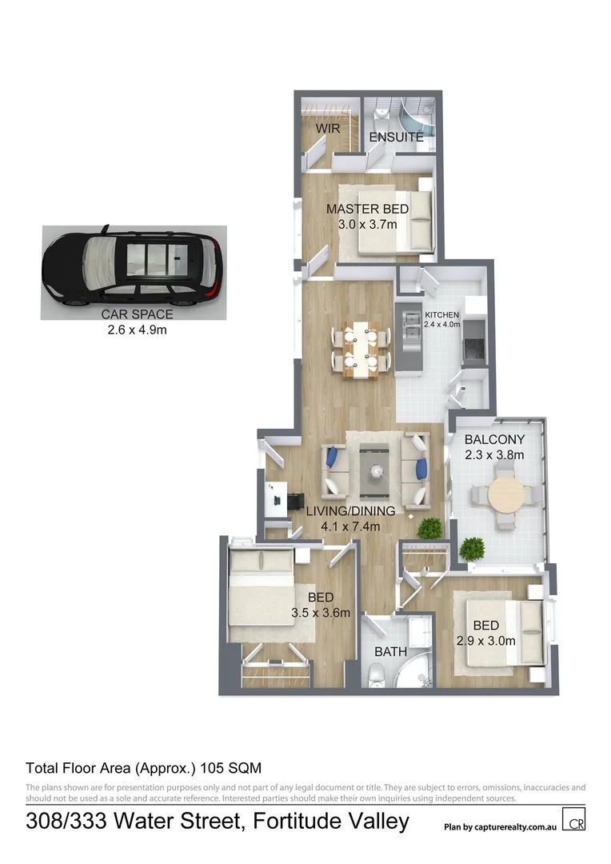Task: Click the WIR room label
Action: pos(328,128)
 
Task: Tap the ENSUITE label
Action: pos(396,138)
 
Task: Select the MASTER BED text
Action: pos(367,210)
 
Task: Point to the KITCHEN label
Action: pos(441,315)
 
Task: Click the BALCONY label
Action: pos(494,439)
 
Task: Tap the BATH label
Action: pos(391,652)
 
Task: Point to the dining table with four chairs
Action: pos(361,349)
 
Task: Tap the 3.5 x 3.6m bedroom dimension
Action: pos(321,614)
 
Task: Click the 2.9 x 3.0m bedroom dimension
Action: pos(485,641)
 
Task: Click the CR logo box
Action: pos(573,821)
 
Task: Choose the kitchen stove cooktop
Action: pos(472,346)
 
